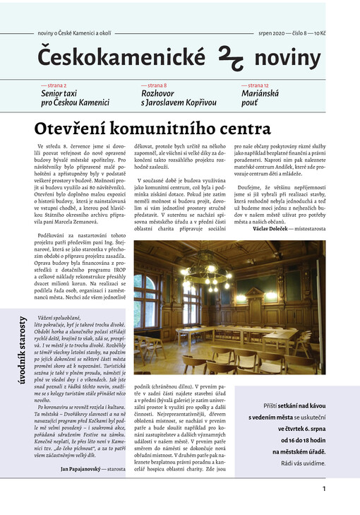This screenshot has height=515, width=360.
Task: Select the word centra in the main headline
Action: click(241, 129)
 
